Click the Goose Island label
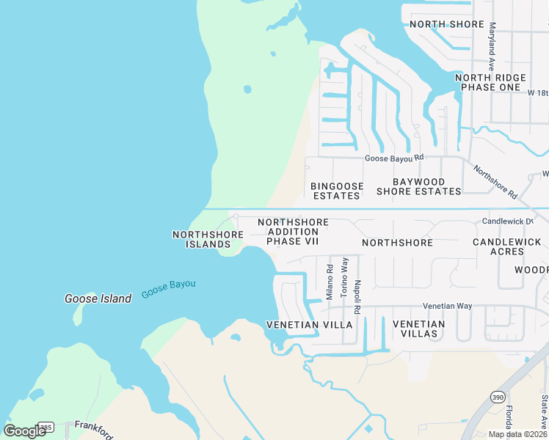pyautogui.click(x=98, y=298)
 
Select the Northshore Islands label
pyautogui.click(x=208, y=240)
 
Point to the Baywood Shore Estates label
pyautogui.click(x=419, y=186)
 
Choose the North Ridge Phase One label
pyautogui.click(x=490, y=82)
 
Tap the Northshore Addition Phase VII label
pyautogui.click(x=293, y=232)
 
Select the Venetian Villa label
pyautogui.click(x=309, y=325)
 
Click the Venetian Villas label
pyautogui.click(x=419, y=329)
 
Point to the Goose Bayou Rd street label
pyautogui.click(x=395, y=158)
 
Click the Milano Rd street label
pyautogui.click(x=330, y=282)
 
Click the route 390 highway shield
pyautogui.click(x=498, y=397)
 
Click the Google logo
pyautogui.click(x=25, y=430)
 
